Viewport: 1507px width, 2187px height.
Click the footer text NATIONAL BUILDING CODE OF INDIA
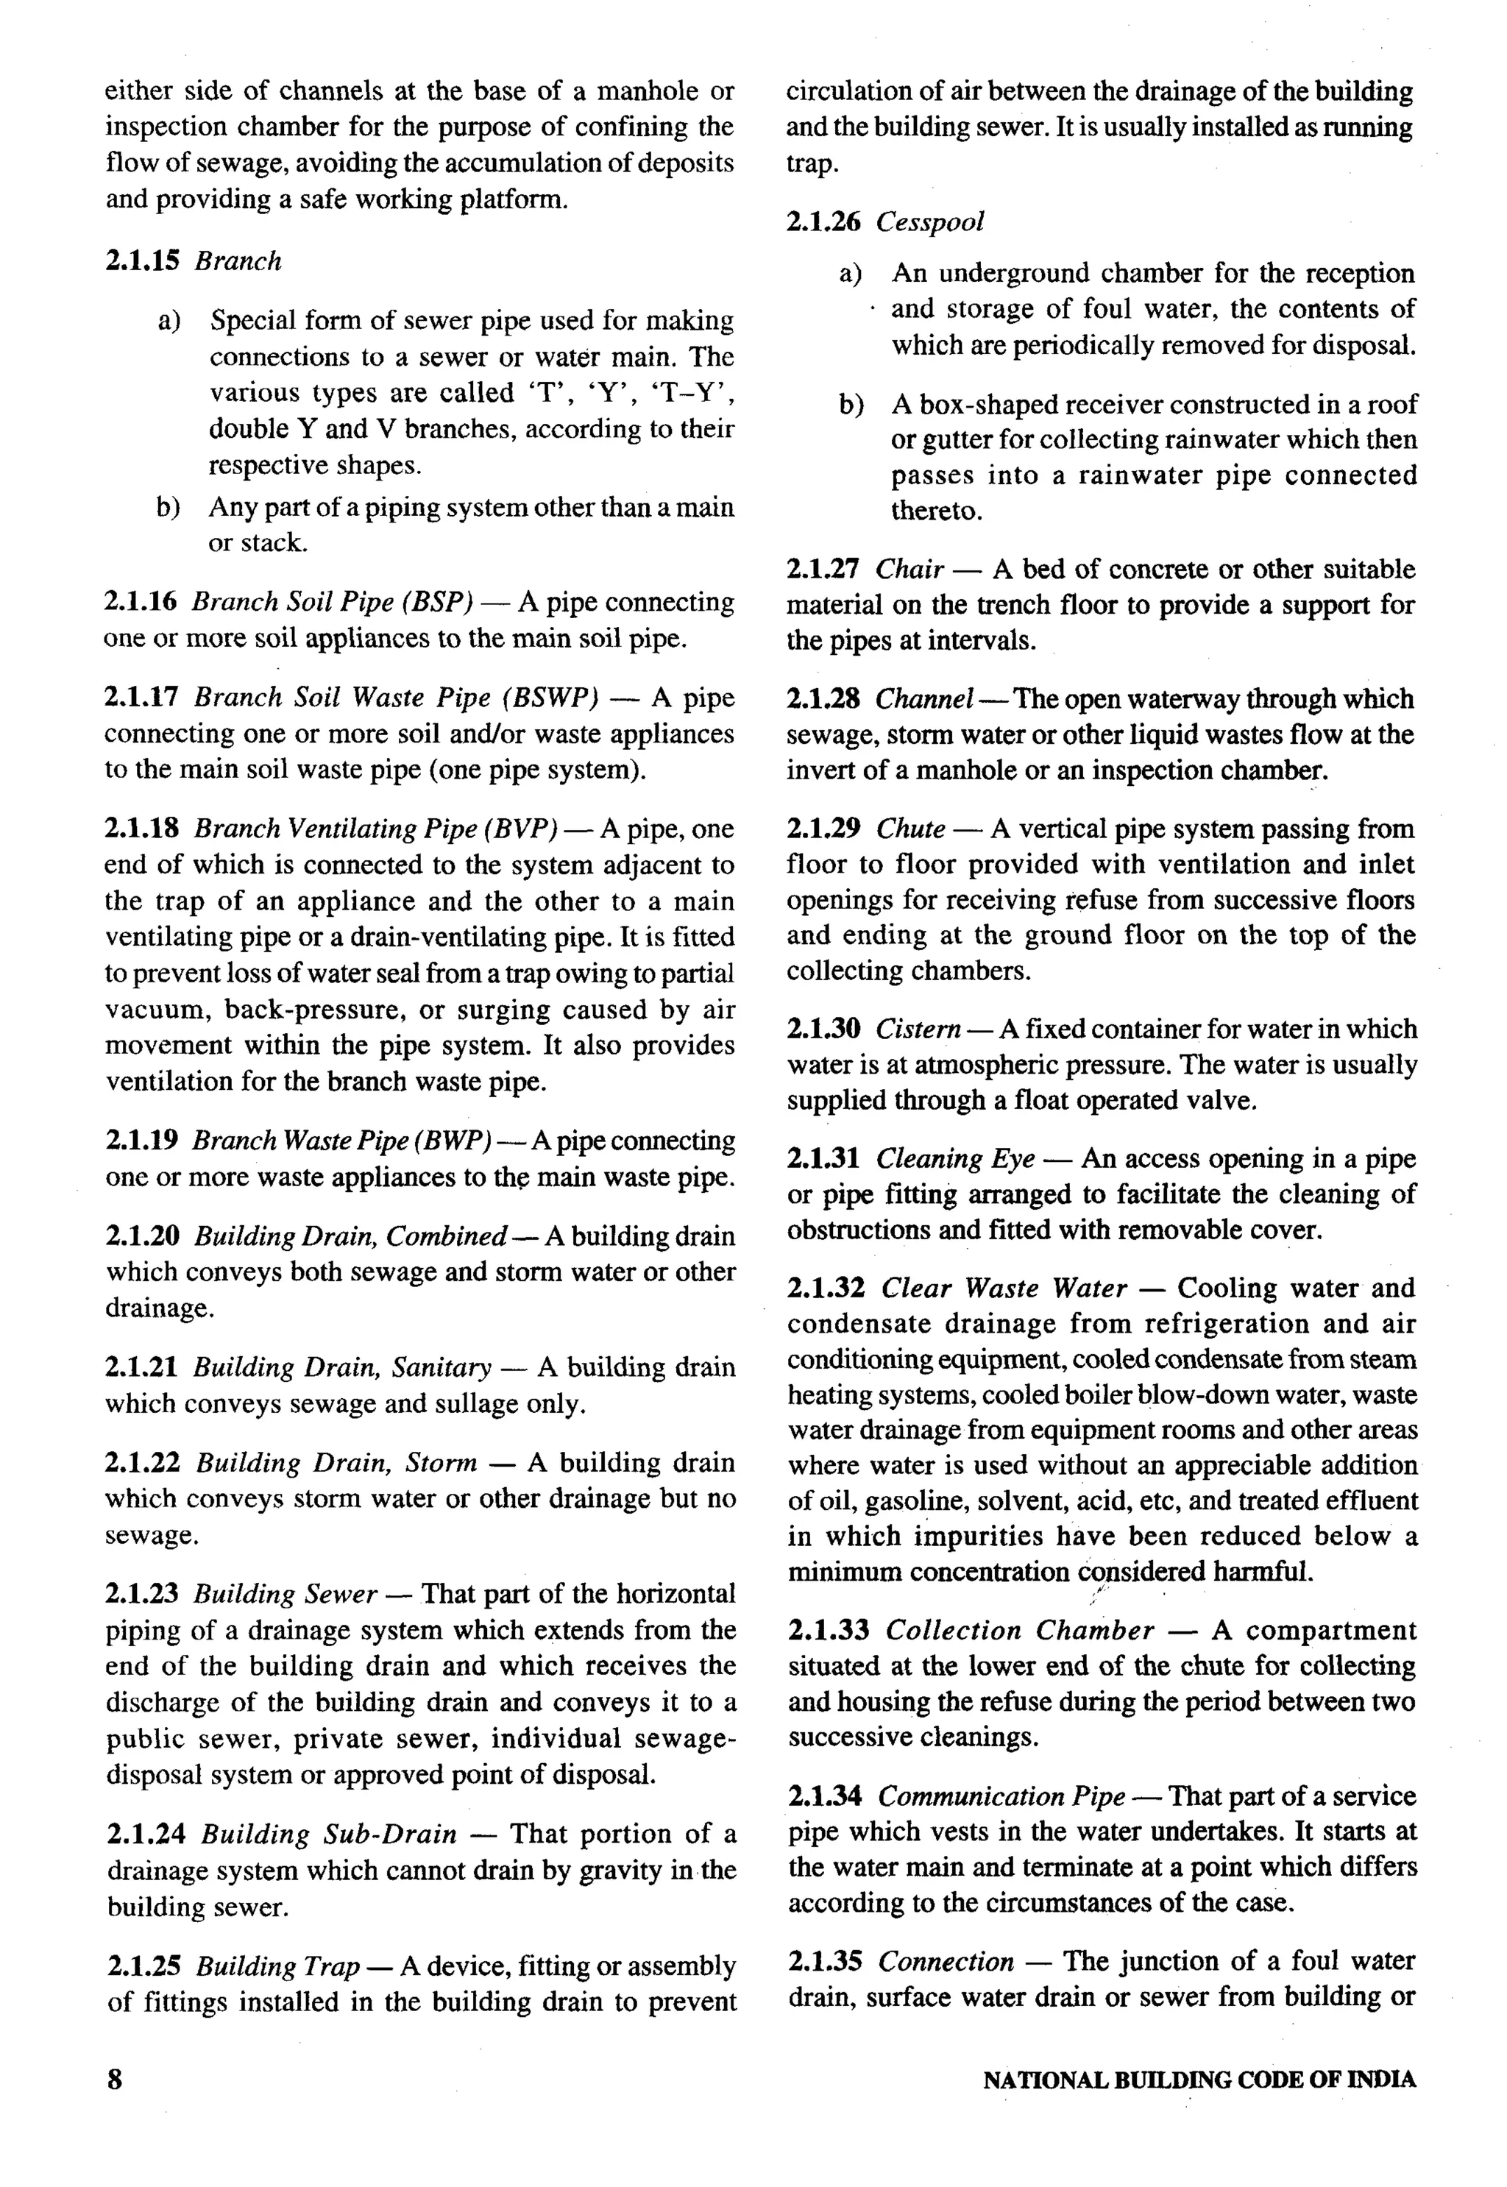pyautogui.click(x=1199, y=2080)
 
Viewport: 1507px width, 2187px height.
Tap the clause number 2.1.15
pyautogui.click(x=141, y=260)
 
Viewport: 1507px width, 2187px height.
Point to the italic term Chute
pyautogui.click(x=910, y=829)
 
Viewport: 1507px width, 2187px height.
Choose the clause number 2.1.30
pyautogui.click(x=823, y=1028)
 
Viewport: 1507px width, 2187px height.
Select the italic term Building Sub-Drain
pyautogui.click(x=329, y=1835)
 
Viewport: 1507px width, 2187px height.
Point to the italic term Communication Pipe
pyautogui.click(x=1001, y=1796)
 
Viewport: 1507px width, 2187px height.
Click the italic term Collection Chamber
pyautogui.click(x=1020, y=1631)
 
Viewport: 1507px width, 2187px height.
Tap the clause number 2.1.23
pyautogui.click(x=141, y=1595)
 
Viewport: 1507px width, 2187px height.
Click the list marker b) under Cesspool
pyautogui.click(x=851, y=405)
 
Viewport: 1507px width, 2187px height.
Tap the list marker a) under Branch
pyautogui.click(x=170, y=321)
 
